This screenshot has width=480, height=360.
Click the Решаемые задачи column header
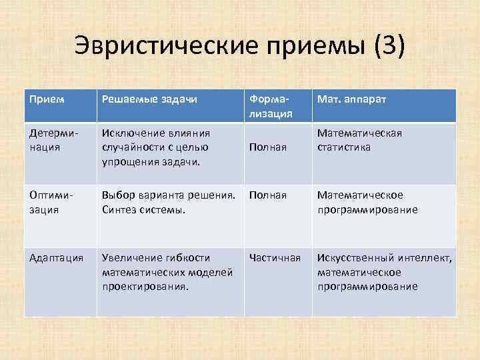149,99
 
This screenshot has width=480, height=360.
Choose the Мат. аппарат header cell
351,99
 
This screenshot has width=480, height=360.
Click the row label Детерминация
53,140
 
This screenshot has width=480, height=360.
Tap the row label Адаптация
56,257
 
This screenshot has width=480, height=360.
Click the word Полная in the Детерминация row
268,147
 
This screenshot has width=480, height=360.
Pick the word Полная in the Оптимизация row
268,195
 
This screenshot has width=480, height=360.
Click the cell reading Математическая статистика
359,140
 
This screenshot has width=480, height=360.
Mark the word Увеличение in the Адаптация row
131,257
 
